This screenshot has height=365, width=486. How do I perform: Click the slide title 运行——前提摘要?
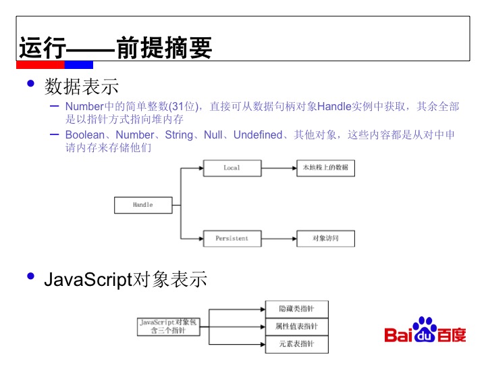(115, 49)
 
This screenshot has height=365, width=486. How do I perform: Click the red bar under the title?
(40, 65)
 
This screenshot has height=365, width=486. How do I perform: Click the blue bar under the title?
(79, 65)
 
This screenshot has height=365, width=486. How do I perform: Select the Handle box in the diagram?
(142, 205)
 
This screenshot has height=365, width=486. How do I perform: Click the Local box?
(232, 168)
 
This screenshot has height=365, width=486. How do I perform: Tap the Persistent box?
(232, 238)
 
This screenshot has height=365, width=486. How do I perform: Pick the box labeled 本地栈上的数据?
(325, 168)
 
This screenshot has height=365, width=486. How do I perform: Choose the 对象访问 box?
(325, 238)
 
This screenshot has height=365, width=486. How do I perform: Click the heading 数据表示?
(82, 87)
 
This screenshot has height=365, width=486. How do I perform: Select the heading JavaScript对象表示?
(126, 279)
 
